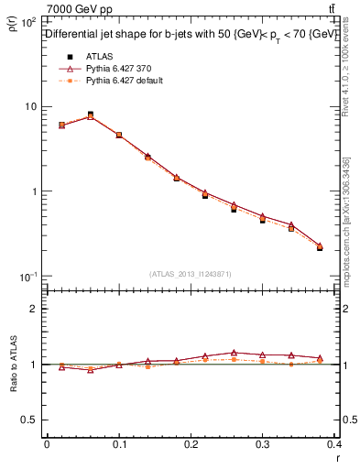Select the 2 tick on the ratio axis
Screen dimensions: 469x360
coord(35,309)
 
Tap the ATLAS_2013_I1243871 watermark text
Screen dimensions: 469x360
coord(191,274)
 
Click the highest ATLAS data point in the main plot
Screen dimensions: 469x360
coord(90,115)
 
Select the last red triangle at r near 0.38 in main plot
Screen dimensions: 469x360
coord(320,245)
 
